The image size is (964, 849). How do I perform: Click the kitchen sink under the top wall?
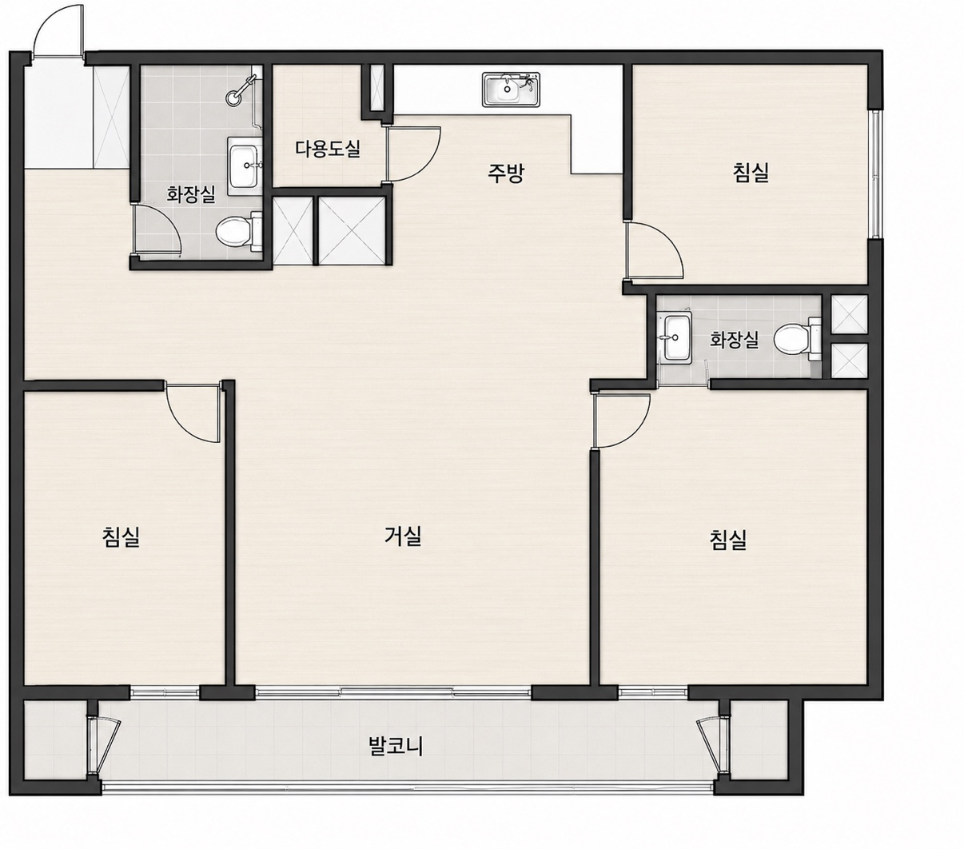pos(511,90)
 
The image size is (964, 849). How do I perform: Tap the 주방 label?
pos(505,173)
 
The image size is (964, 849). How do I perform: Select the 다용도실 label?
pos(328,149)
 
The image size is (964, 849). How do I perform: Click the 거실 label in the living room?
pos(403,536)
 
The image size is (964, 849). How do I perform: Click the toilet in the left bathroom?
pos(239,232)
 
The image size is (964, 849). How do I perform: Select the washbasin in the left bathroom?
pos(245,166)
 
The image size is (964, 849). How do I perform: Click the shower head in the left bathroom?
pos(239,92)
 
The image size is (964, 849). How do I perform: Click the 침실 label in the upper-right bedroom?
pos(751,172)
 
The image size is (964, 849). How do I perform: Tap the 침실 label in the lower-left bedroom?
pos(121,536)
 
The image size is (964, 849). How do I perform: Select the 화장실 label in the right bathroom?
pos(734,340)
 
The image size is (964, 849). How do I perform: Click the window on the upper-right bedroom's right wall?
pos(874,173)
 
